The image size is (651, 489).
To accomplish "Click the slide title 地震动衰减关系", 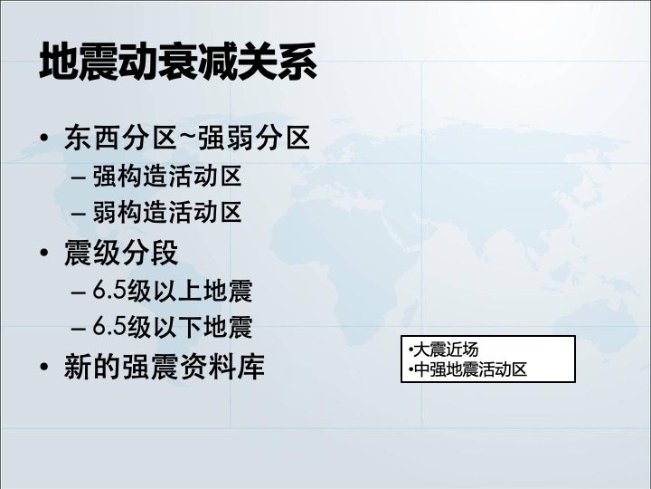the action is click(178, 62).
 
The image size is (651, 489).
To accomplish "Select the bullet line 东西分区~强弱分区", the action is click(187, 138).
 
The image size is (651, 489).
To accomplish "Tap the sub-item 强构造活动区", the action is click(167, 177).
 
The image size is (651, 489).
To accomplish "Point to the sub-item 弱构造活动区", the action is click(167, 213).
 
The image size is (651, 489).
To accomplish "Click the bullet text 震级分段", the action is click(121, 253).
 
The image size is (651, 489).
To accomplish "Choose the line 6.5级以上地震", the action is click(173, 291).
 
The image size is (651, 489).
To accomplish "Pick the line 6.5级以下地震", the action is click(173, 326).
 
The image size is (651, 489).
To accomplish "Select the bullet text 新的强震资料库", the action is click(165, 367).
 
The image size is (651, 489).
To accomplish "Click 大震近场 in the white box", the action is click(446, 350).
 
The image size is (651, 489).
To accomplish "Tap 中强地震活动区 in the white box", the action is click(470, 369).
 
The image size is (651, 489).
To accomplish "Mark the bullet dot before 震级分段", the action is click(44, 253).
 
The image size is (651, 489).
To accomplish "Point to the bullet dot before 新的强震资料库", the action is click(44, 367).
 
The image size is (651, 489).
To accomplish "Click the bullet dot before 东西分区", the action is click(44, 138).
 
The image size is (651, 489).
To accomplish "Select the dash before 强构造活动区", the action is click(79, 178).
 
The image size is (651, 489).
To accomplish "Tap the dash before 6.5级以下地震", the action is click(79, 329).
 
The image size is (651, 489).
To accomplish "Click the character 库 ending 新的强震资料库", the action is click(251, 367).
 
